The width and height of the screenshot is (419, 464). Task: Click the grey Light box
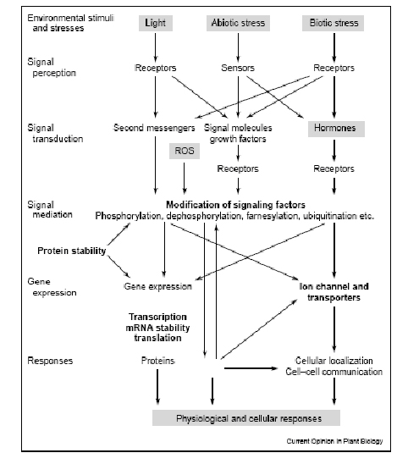pos(156,23)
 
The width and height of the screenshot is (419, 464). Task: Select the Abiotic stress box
pos(238,23)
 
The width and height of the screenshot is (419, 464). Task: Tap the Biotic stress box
pos(334,23)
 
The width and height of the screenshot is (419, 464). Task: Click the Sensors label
pos(238,68)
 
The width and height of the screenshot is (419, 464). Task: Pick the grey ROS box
pos(185,151)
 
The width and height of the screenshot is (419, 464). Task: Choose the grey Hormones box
pos(336,129)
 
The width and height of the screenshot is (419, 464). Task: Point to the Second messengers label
pos(154,128)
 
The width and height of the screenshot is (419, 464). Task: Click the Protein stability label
pos(72,251)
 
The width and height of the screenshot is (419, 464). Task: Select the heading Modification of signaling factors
pos(235,205)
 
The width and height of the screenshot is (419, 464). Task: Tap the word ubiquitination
pos(329,216)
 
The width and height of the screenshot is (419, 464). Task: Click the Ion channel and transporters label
pos(334,292)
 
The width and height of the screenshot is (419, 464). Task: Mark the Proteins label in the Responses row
pos(157,361)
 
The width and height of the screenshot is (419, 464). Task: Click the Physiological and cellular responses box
pos(246,417)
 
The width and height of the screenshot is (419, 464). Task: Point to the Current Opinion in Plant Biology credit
pos(334,441)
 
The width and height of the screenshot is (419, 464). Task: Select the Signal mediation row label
pos(50,209)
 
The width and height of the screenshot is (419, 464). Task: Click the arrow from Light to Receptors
pos(156,47)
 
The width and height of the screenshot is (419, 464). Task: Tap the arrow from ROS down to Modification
pos(185,178)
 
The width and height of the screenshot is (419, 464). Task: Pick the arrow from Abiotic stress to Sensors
pos(238,47)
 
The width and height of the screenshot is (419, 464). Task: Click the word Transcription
pos(157,317)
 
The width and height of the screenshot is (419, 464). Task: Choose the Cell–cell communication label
pos(334,372)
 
